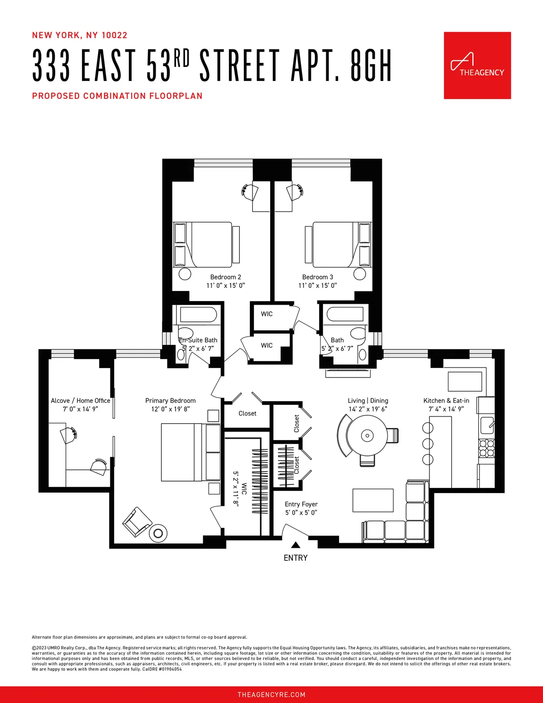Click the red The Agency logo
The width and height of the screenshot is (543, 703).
[x=477, y=65]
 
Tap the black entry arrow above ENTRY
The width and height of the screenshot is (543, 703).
[x=295, y=545]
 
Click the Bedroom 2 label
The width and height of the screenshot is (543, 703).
[x=225, y=277]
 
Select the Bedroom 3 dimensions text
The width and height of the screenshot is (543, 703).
[x=317, y=286]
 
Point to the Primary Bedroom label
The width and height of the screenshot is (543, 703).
[x=170, y=401]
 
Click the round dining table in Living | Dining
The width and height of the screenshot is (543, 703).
[x=367, y=436]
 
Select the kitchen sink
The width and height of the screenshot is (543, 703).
[x=487, y=426]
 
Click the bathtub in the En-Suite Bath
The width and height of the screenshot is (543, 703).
[x=198, y=315]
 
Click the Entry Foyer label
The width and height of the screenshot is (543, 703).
[x=301, y=504]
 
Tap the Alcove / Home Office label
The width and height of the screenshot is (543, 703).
[x=81, y=401]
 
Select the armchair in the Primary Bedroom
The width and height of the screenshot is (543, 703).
[x=137, y=521]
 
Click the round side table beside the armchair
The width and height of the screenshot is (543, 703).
[x=158, y=533]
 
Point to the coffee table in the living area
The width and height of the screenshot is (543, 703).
[x=373, y=500]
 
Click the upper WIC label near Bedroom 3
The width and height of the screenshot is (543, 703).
[x=267, y=314]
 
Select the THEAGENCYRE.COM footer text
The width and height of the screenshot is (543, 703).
[x=271, y=695]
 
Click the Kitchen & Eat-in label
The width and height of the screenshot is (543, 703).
[x=446, y=401]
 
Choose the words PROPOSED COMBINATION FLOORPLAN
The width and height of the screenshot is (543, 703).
[x=117, y=96]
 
